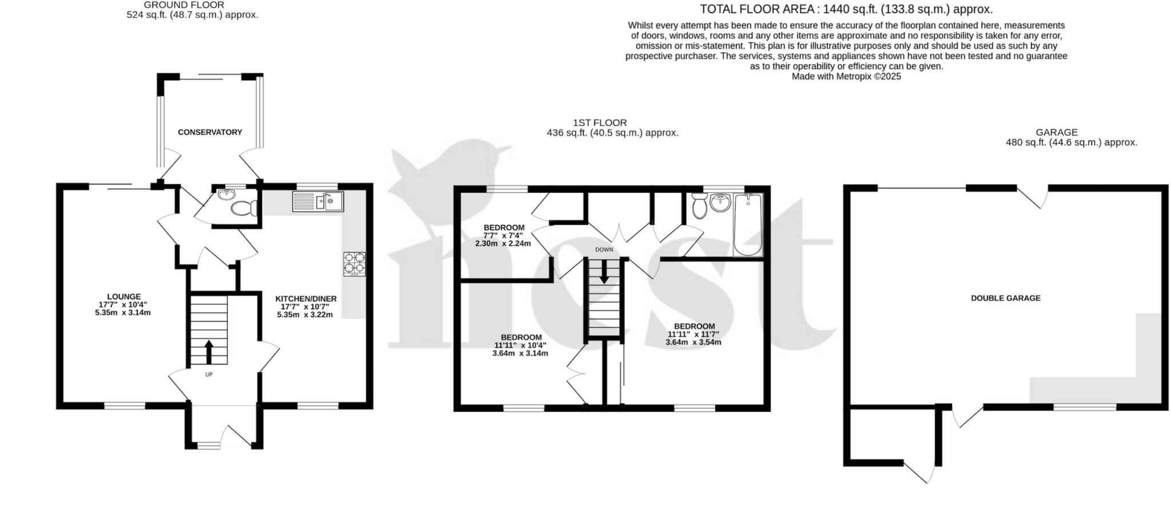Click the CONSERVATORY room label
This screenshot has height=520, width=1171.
[210, 132]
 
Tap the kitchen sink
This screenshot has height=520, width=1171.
[318, 201]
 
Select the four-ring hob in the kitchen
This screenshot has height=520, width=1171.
[355, 264]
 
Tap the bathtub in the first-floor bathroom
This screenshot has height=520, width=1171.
[748, 225]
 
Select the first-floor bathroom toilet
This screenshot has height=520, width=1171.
[699, 207]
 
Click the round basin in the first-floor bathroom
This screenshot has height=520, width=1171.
[720, 202]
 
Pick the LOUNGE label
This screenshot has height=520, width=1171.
[124, 296]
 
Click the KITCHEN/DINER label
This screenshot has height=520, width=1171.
[306, 299]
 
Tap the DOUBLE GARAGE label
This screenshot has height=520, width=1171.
[1005, 298]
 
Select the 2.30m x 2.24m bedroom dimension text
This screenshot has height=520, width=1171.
[503, 243]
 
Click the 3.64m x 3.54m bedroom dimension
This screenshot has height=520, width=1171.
[693, 342]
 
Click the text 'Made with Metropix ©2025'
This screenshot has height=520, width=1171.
[846, 76]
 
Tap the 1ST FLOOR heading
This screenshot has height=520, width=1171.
[599, 122]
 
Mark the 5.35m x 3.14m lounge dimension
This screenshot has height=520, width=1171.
[123, 312]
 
